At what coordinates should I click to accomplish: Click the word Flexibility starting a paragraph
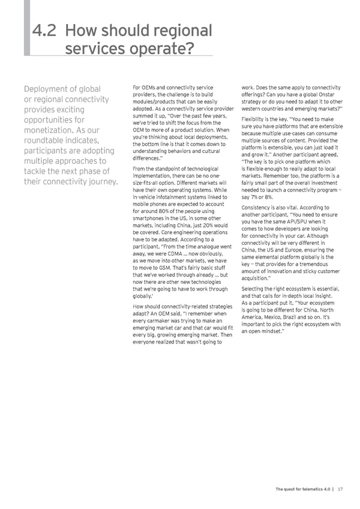[257, 119]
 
